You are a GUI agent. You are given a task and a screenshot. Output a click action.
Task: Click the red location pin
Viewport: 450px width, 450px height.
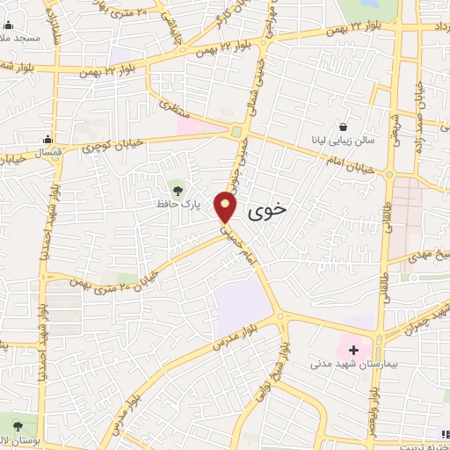227,207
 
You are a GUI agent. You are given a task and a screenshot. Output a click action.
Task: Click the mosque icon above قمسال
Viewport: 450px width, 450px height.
48,138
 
